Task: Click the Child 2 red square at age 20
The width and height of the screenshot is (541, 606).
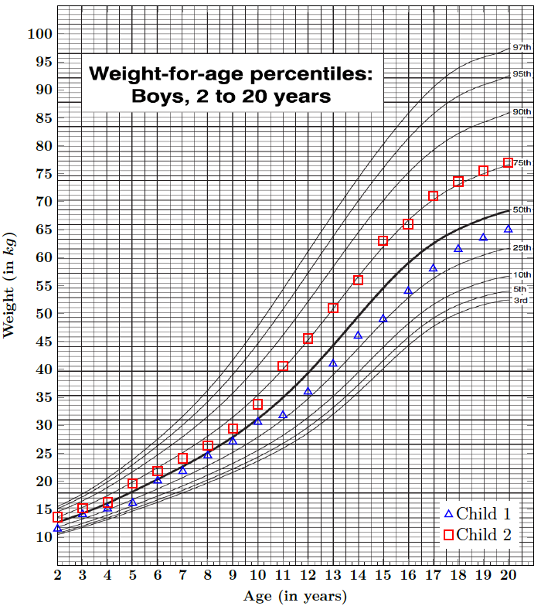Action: coord(508,163)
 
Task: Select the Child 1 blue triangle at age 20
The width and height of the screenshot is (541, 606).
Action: coord(508,229)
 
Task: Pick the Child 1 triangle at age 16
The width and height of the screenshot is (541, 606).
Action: coord(408,291)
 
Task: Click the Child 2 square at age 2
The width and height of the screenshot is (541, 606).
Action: coord(58,517)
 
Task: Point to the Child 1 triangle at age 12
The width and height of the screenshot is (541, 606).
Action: coord(308,391)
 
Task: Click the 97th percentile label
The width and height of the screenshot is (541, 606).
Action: coord(522,48)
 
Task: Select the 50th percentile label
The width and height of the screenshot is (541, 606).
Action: coord(522,209)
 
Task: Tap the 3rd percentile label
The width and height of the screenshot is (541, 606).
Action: coord(521,300)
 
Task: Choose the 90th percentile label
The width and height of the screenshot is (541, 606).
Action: coord(522,112)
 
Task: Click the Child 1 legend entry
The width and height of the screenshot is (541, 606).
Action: coord(482,514)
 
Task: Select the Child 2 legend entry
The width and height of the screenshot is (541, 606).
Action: coord(482,535)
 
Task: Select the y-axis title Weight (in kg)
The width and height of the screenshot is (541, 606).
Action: coord(11,284)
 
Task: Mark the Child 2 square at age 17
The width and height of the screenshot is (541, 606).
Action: coord(433,196)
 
